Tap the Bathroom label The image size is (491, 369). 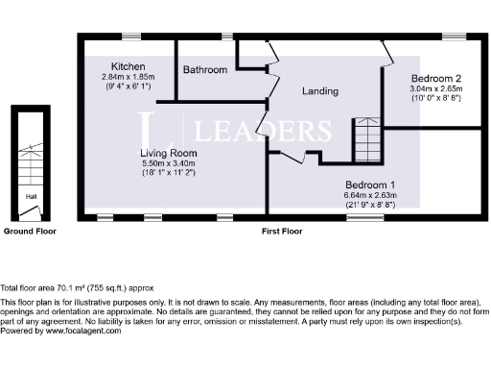[206, 70]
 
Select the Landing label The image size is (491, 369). [319, 92]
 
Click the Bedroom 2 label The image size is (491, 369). [437, 78]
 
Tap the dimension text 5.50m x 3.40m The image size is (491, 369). [168, 163]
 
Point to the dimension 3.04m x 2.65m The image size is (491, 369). [437, 88]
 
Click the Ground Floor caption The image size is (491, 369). [30, 232]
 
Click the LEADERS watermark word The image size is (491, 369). [264, 130]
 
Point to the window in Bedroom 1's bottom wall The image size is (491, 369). [362, 218]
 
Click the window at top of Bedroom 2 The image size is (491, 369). [450, 36]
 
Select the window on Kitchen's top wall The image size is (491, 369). [102, 36]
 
